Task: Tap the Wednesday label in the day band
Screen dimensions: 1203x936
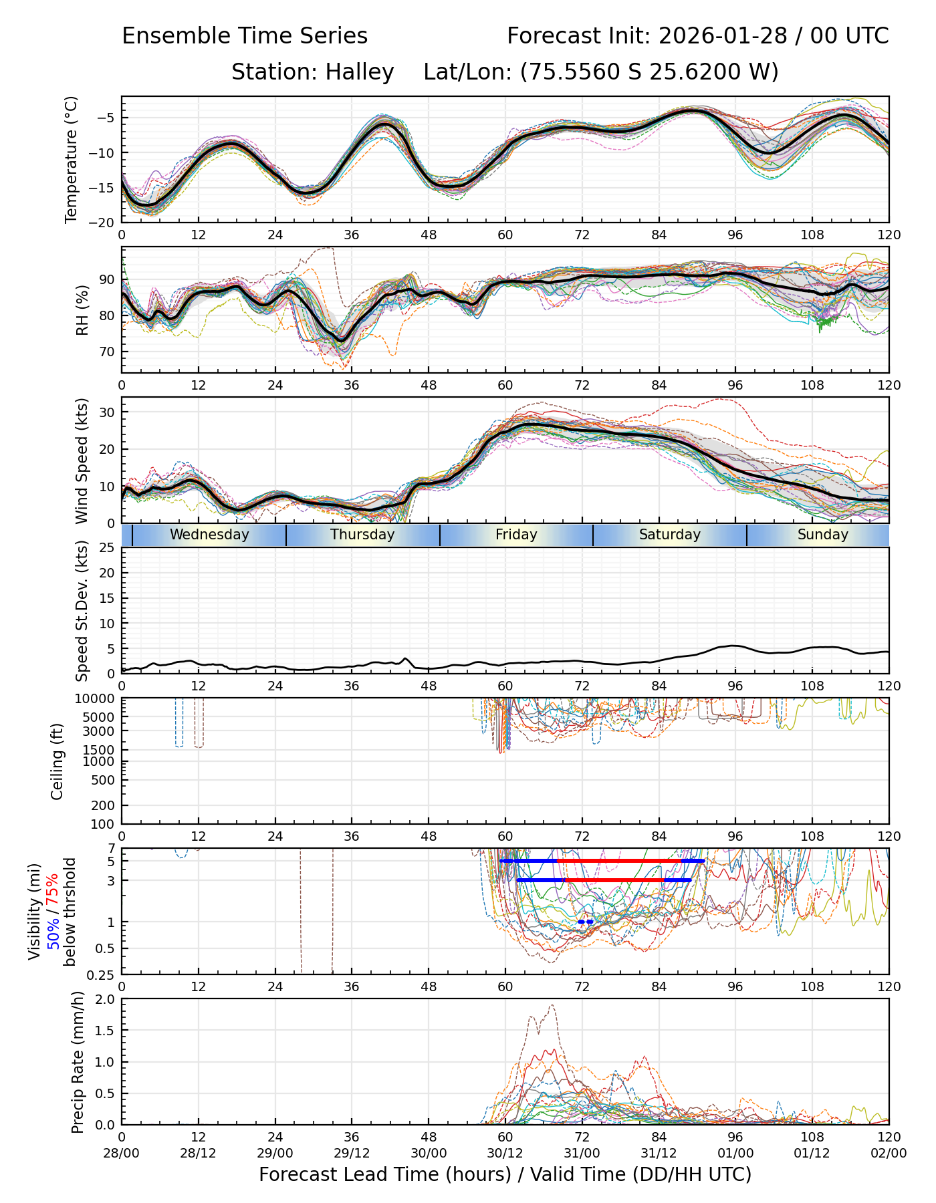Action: coord(209,535)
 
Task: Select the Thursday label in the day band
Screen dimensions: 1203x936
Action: coord(362,535)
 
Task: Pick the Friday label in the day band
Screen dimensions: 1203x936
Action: coord(516,535)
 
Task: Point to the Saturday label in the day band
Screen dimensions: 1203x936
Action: coord(669,535)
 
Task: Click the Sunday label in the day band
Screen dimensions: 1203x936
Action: coord(822,535)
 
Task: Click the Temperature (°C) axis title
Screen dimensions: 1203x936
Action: coord(72,159)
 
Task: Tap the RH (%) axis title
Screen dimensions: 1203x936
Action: coord(83,309)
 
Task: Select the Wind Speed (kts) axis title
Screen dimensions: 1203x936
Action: coord(82,460)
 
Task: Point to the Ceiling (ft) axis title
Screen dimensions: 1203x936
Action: coord(57,761)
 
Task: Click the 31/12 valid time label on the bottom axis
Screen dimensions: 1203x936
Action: coord(659,1153)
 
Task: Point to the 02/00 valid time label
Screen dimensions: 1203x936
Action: coord(889,1153)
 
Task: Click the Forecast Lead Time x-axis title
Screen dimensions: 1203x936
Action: coord(505,1174)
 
